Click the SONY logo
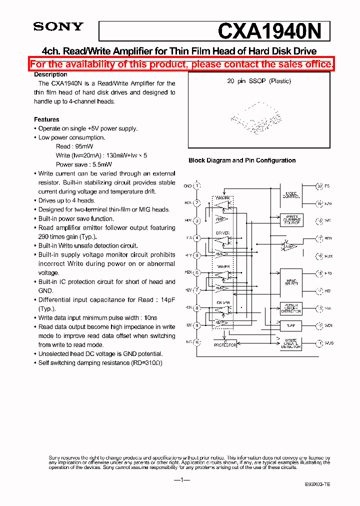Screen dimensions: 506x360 click(58, 27)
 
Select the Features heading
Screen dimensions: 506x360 click(46, 119)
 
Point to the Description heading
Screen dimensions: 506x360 click(50, 74)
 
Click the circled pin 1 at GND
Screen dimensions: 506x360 click(197, 186)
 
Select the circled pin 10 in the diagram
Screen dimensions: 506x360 click(197, 342)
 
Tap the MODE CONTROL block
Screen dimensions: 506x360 click(291, 194)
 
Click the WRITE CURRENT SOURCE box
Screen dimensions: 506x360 click(291, 220)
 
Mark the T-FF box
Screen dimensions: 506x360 click(291, 325)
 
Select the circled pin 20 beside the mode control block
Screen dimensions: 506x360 click(319, 186)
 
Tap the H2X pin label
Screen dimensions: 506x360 click(188, 272)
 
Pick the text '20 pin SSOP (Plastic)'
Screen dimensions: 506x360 click(258, 81)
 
